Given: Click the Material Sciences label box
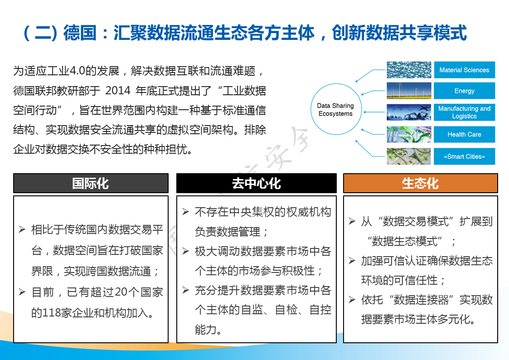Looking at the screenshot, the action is (x=464, y=70).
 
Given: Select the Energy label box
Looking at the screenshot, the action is (x=464, y=91).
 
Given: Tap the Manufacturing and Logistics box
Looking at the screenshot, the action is (x=464, y=112).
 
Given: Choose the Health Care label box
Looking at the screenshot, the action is (x=464, y=134).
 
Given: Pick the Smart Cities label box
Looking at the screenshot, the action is (x=464, y=156).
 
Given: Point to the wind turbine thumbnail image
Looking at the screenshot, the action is (x=409, y=91).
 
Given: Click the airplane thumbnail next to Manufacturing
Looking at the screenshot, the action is (x=409, y=112).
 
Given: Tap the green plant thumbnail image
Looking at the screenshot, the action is (x=409, y=134).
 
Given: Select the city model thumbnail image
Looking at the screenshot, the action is (x=409, y=156).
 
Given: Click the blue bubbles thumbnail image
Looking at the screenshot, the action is (x=409, y=70).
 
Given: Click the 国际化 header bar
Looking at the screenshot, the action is (x=91, y=184).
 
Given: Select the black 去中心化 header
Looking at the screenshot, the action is (x=257, y=184).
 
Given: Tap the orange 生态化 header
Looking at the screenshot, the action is (x=420, y=184).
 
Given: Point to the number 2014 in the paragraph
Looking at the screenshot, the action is (x=118, y=91).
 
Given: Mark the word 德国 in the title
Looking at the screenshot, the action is (x=80, y=33).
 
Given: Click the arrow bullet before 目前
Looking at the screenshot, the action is (x=22, y=292).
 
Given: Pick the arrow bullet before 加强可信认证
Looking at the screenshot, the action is (x=352, y=261).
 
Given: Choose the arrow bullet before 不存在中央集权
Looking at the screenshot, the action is (x=186, y=212).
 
